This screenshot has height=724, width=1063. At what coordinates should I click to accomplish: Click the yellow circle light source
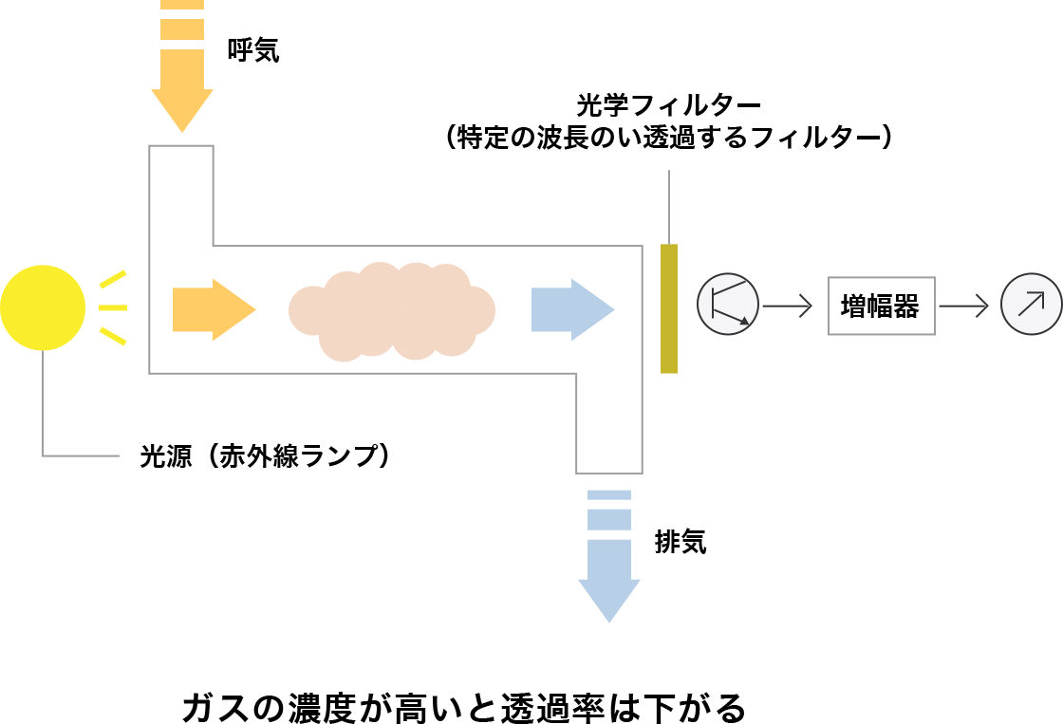pyautogui.click(x=43, y=307)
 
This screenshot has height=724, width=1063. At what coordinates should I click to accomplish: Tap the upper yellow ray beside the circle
pyautogui.click(x=113, y=279)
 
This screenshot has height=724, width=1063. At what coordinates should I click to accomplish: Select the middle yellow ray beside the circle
pyautogui.click(x=113, y=307)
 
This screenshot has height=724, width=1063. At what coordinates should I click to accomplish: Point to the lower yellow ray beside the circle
pyautogui.click(x=113, y=336)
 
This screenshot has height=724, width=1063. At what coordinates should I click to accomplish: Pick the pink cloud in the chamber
pyautogui.click(x=392, y=311)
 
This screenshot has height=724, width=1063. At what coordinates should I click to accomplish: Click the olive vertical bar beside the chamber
pyautogui.click(x=669, y=308)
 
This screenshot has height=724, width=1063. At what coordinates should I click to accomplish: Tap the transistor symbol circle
pyautogui.click(x=728, y=304)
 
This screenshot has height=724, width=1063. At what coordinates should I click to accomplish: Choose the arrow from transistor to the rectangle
pyautogui.click(x=787, y=306)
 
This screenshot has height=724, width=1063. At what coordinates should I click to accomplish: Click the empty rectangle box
pyautogui.click(x=882, y=306)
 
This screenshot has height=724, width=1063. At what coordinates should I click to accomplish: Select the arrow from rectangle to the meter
pyautogui.click(x=963, y=306)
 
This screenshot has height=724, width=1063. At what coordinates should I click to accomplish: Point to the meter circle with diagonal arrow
pyautogui.click(x=1031, y=304)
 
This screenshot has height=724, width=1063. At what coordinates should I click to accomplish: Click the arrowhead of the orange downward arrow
pyautogui.click(x=182, y=109)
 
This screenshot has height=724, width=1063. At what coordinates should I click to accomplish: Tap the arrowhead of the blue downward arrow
pyautogui.click(x=609, y=598)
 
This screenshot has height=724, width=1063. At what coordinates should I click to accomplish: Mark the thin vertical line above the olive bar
pyautogui.click(x=669, y=206)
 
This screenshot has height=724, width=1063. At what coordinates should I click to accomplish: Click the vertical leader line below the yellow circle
pyautogui.click(x=43, y=403)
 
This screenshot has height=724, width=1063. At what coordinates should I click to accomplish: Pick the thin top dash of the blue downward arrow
pyautogui.click(x=609, y=494)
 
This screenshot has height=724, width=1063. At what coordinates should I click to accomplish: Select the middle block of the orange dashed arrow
pyautogui.click(x=182, y=29)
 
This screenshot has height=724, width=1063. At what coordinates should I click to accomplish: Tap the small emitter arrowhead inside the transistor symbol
pyautogui.click(x=744, y=321)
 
